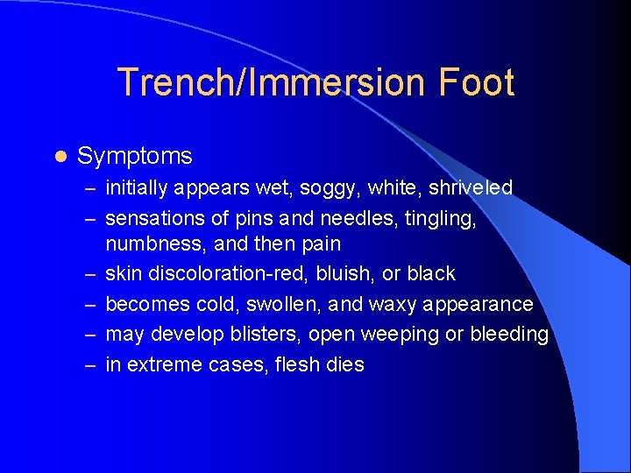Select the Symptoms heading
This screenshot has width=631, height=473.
tap(134, 156)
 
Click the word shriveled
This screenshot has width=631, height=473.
tap(471, 187)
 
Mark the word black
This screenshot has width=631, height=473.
tap(431, 273)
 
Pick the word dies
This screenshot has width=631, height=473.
tap(343, 364)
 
